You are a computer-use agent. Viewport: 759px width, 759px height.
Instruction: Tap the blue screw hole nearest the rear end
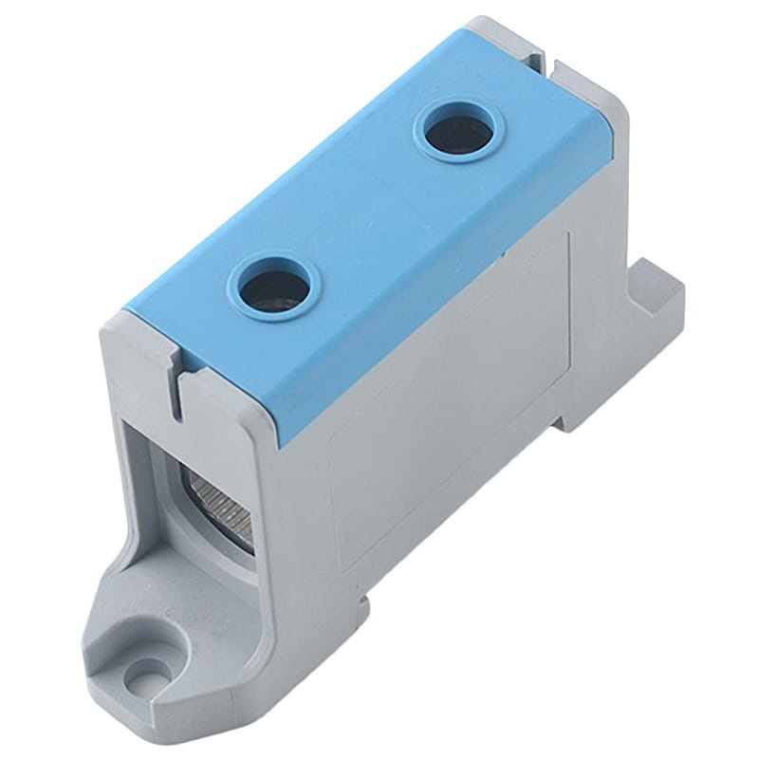tap(458, 132)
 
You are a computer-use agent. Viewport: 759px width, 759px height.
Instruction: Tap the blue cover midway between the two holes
tap(365, 209)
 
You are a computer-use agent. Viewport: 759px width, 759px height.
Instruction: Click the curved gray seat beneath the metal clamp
tap(228, 560)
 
